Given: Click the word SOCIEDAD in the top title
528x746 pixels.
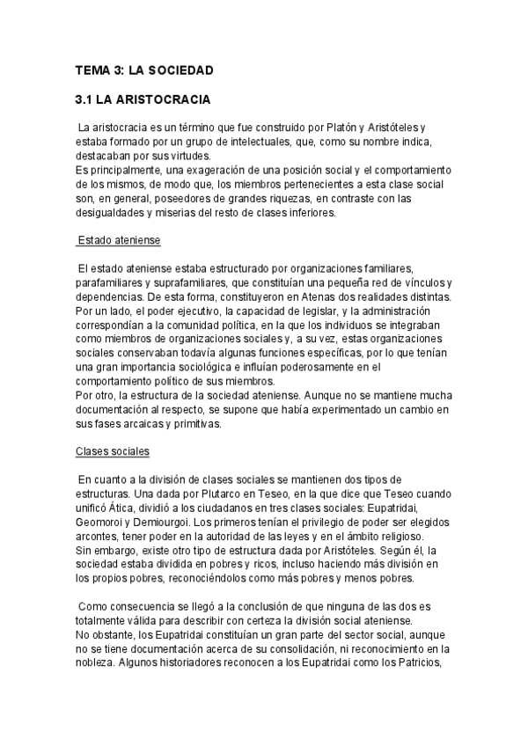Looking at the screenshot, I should coord(180,69).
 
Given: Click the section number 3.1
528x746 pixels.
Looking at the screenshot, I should coord(85,101).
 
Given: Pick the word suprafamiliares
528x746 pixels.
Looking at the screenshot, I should coord(194,282).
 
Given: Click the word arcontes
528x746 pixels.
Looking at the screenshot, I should coord(99,536).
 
